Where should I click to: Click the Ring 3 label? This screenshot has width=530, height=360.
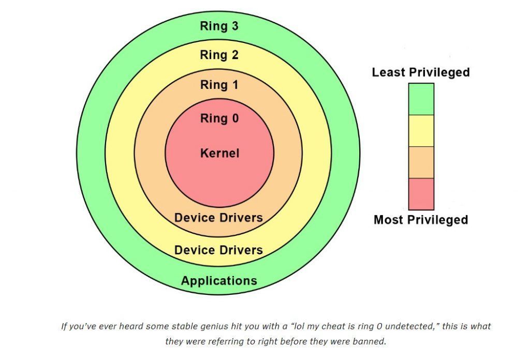219,26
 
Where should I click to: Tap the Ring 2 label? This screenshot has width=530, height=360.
219,55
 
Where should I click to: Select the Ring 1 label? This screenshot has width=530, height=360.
219,84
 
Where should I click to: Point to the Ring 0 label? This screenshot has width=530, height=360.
219,118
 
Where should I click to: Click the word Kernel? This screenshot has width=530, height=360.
219,153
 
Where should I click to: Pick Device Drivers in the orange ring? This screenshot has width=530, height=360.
218,217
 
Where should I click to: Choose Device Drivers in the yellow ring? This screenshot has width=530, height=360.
218,250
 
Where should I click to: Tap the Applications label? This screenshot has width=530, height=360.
219,281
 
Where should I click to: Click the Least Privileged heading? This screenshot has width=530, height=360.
421,72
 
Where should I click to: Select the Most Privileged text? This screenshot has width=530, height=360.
421,219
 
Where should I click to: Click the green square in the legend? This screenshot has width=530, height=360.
421,99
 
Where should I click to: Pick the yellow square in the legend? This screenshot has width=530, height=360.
421,131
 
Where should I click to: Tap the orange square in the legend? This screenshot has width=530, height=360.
421,162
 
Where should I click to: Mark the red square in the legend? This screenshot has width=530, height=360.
421,194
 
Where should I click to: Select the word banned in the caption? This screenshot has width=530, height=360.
370,341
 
